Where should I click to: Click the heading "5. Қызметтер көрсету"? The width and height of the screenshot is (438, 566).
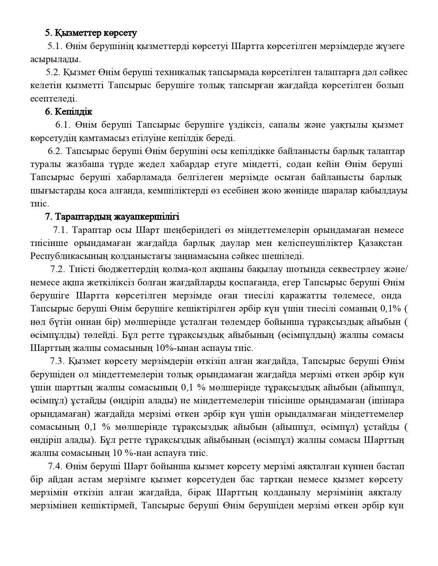pyautogui.click(x=91, y=33)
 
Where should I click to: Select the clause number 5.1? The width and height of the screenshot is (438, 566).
pyautogui.click(x=55, y=46)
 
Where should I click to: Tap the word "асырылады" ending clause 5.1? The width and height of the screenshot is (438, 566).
pyautogui.click(x=55, y=59)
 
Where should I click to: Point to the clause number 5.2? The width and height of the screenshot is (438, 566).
pyautogui.click(x=53, y=72)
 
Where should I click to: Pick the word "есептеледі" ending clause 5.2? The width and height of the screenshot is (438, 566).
pyautogui.click(x=53, y=99)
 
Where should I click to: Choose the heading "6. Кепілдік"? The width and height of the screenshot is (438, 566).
pyautogui.click(x=68, y=112)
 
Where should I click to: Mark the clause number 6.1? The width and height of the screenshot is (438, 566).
pyautogui.click(x=63, y=125)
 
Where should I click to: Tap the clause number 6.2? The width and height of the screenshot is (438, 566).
pyautogui.click(x=55, y=151)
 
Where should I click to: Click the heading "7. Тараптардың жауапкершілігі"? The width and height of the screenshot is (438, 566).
pyautogui.click(x=112, y=217)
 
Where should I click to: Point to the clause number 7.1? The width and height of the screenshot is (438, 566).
pyautogui.click(x=60, y=230)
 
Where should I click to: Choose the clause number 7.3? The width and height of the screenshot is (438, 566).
pyautogui.click(x=57, y=361)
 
